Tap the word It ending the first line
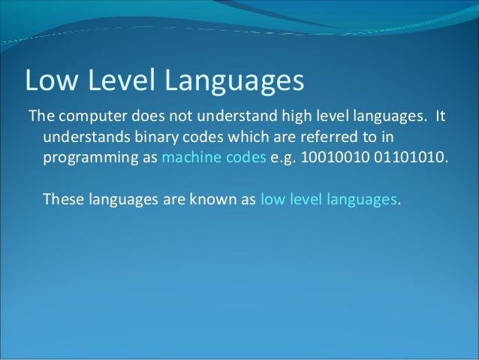click(x=441, y=118)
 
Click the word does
click(x=152, y=118)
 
